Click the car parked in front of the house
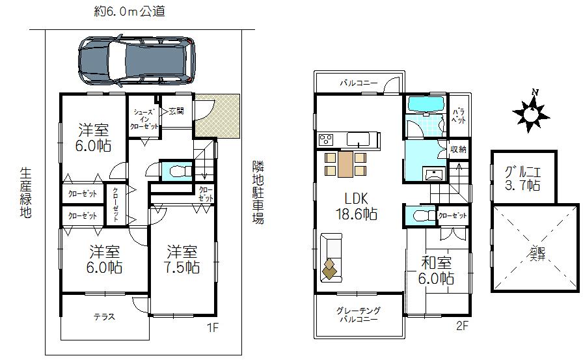click(x=136, y=61)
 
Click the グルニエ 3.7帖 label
click(x=523, y=178)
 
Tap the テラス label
click(x=104, y=317)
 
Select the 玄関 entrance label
click(x=176, y=111)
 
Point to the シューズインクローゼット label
click(x=144, y=119)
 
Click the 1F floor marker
click(x=212, y=327)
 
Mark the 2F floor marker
click(x=462, y=327)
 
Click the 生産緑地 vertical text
click(x=25, y=193)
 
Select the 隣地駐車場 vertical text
click(x=258, y=193)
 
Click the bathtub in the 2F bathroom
click(x=424, y=104)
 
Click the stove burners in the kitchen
click(x=325, y=139)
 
